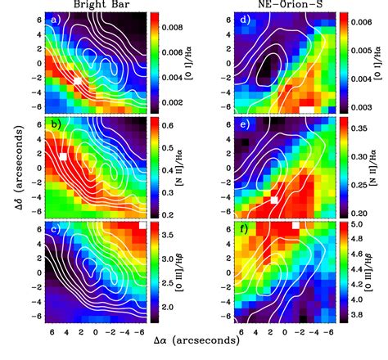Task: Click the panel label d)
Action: coord(243,20)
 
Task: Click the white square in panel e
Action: coord(275,199)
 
